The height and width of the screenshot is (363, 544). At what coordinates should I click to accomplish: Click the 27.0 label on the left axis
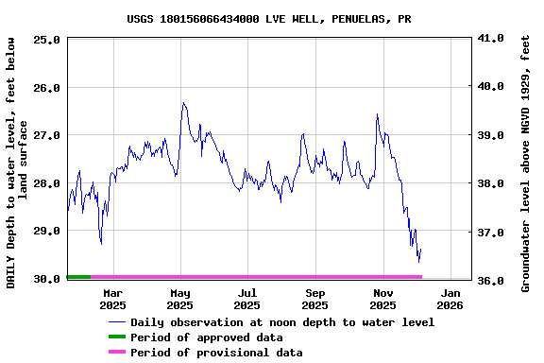click(x=48, y=135)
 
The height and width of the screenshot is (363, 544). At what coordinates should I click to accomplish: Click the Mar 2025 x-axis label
click(x=112, y=299)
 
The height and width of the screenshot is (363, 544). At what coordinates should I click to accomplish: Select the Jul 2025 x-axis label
click(x=246, y=299)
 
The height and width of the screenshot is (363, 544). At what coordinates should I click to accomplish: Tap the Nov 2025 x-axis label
click(x=382, y=299)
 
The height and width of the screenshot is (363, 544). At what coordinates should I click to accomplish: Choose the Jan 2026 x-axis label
click(x=450, y=299)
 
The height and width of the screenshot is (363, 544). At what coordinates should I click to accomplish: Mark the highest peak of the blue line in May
click(x=183, y=103)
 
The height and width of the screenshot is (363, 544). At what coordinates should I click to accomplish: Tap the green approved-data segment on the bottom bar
click(x=78, y=277)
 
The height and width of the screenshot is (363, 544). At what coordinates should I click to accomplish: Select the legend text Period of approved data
click(x=206, y=337)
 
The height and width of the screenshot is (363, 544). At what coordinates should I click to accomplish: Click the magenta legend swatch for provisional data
click(x=116, y=353)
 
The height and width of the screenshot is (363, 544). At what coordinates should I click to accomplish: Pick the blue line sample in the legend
click(x=116, y=322)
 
